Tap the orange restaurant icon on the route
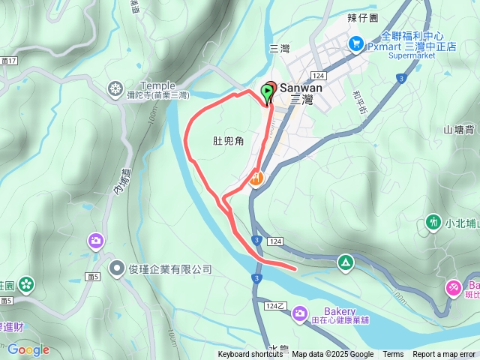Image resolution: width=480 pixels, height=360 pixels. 256,178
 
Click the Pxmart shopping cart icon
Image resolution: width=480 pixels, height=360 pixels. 355,44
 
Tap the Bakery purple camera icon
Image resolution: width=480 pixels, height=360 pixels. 300,313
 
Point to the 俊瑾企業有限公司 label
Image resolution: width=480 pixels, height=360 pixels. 170,268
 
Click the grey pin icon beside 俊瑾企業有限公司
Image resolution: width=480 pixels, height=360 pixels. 117,268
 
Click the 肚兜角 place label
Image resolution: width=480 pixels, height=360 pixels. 228,141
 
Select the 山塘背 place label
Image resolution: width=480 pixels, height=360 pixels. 459,129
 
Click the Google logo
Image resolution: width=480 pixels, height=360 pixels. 28,349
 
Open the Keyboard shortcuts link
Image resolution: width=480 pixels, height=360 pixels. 250,355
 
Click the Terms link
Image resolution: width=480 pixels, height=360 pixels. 393,355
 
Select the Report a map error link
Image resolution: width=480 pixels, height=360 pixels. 445,355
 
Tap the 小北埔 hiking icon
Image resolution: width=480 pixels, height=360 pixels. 433,222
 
